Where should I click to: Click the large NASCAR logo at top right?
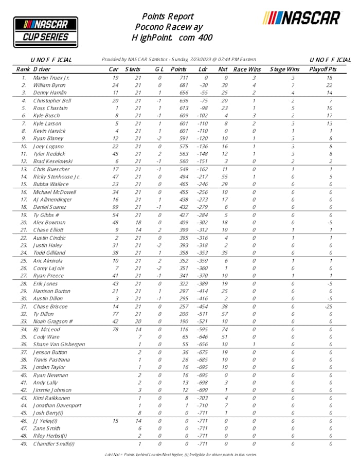tap(301, 19)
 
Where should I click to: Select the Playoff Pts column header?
tap(322, 69)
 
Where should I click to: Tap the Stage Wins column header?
tap(285, 69)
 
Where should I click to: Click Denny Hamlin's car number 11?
tap(116, 93)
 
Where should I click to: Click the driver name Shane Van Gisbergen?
tap(58, 345)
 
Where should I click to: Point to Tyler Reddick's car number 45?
tap(116, 154)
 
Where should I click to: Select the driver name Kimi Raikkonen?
tap(52, 398)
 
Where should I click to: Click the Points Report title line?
tap(168, 16)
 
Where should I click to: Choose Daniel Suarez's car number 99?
tap(116, 207)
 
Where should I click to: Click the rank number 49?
tap(24, 444)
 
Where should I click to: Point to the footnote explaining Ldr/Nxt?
tap(179, 455)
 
